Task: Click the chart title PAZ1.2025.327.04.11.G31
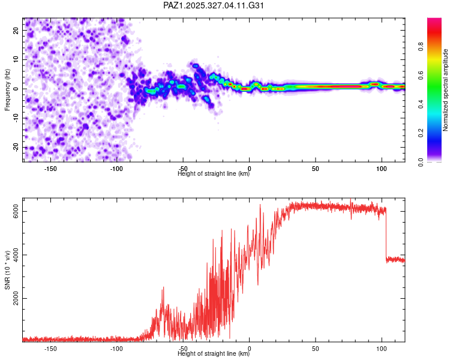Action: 214,5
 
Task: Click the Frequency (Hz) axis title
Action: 8,89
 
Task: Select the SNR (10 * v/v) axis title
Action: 8,270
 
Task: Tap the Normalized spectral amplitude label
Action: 446,90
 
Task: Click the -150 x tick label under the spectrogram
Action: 51,169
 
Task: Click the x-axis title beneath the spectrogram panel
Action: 214,174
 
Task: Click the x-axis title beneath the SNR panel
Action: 214,354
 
